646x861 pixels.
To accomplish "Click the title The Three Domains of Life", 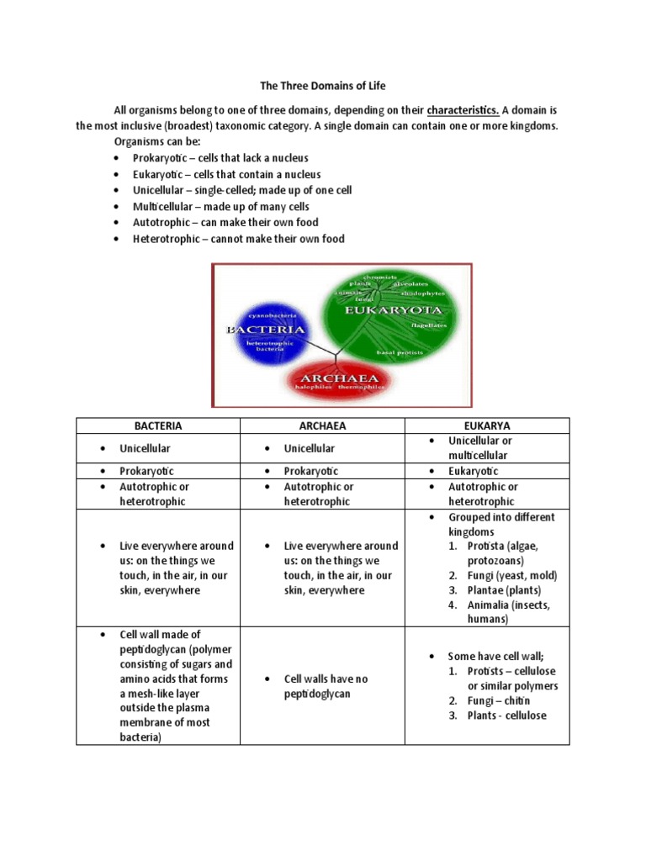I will click(x=322, y=87).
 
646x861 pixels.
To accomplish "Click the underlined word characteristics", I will click(x=463, y=110).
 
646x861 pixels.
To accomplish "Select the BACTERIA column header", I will click(x=158, y=426).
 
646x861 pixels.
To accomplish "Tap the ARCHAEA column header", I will click(x=322, y=426).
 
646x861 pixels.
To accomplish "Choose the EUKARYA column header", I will click(x=487, y=426).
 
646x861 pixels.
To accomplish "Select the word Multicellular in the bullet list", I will click(x=163, y=207).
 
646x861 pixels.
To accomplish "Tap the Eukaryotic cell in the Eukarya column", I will click(x=474, y=471).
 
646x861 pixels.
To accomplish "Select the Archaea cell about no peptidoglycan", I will click(x=326, y=686).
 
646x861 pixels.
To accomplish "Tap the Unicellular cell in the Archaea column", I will click(x=309, y=448).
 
